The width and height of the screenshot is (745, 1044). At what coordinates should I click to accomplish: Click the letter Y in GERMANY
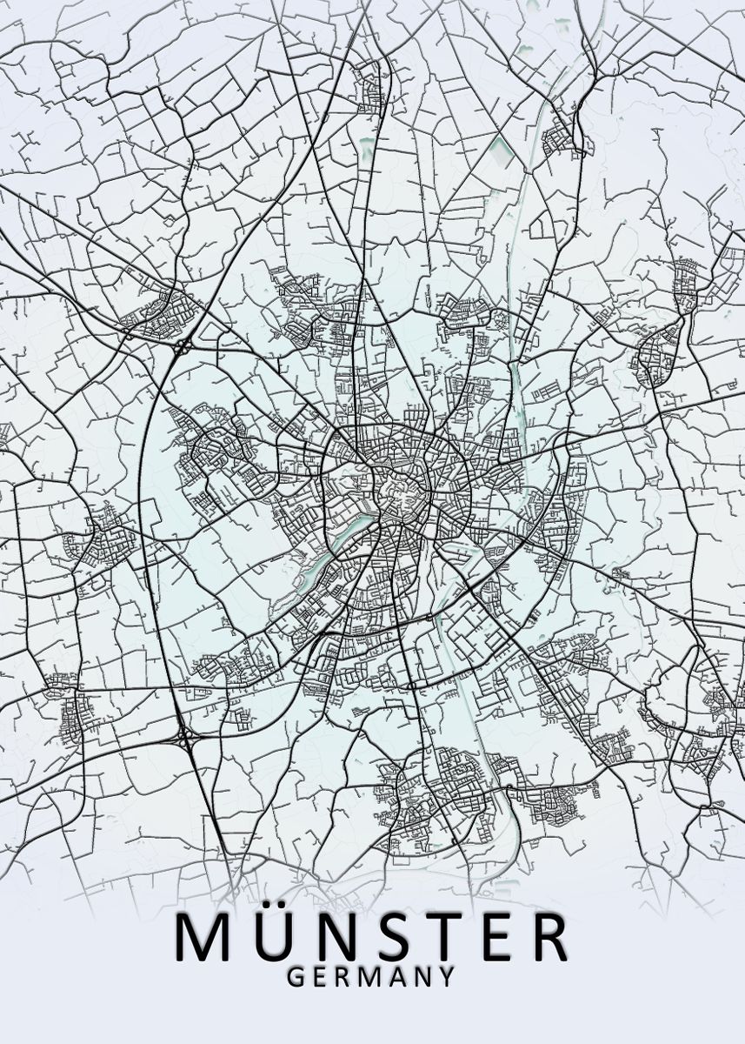[446, 977]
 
